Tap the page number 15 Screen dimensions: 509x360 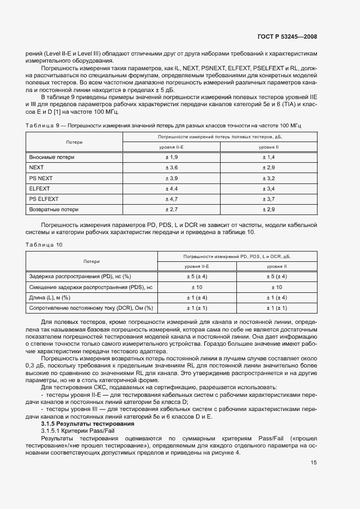coord(314,463)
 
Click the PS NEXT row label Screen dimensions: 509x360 coord(41,178)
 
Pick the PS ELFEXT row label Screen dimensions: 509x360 coord(44,199)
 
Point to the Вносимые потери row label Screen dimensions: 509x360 coord(52,157)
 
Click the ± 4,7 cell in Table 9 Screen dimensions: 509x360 coord(172,199)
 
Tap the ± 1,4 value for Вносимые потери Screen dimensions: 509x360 coord(269,157)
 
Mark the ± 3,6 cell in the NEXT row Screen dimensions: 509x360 coord(172,168)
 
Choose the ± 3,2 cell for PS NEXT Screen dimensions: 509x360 coord(269,178)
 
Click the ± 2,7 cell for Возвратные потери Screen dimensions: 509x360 coord(172,209)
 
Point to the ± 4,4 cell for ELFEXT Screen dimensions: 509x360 coord(172,188)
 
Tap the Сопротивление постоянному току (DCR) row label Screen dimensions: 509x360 coord(91,308)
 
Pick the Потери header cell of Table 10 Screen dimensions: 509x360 coord(91,261)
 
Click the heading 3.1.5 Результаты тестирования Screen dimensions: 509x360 coord(81,423)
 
